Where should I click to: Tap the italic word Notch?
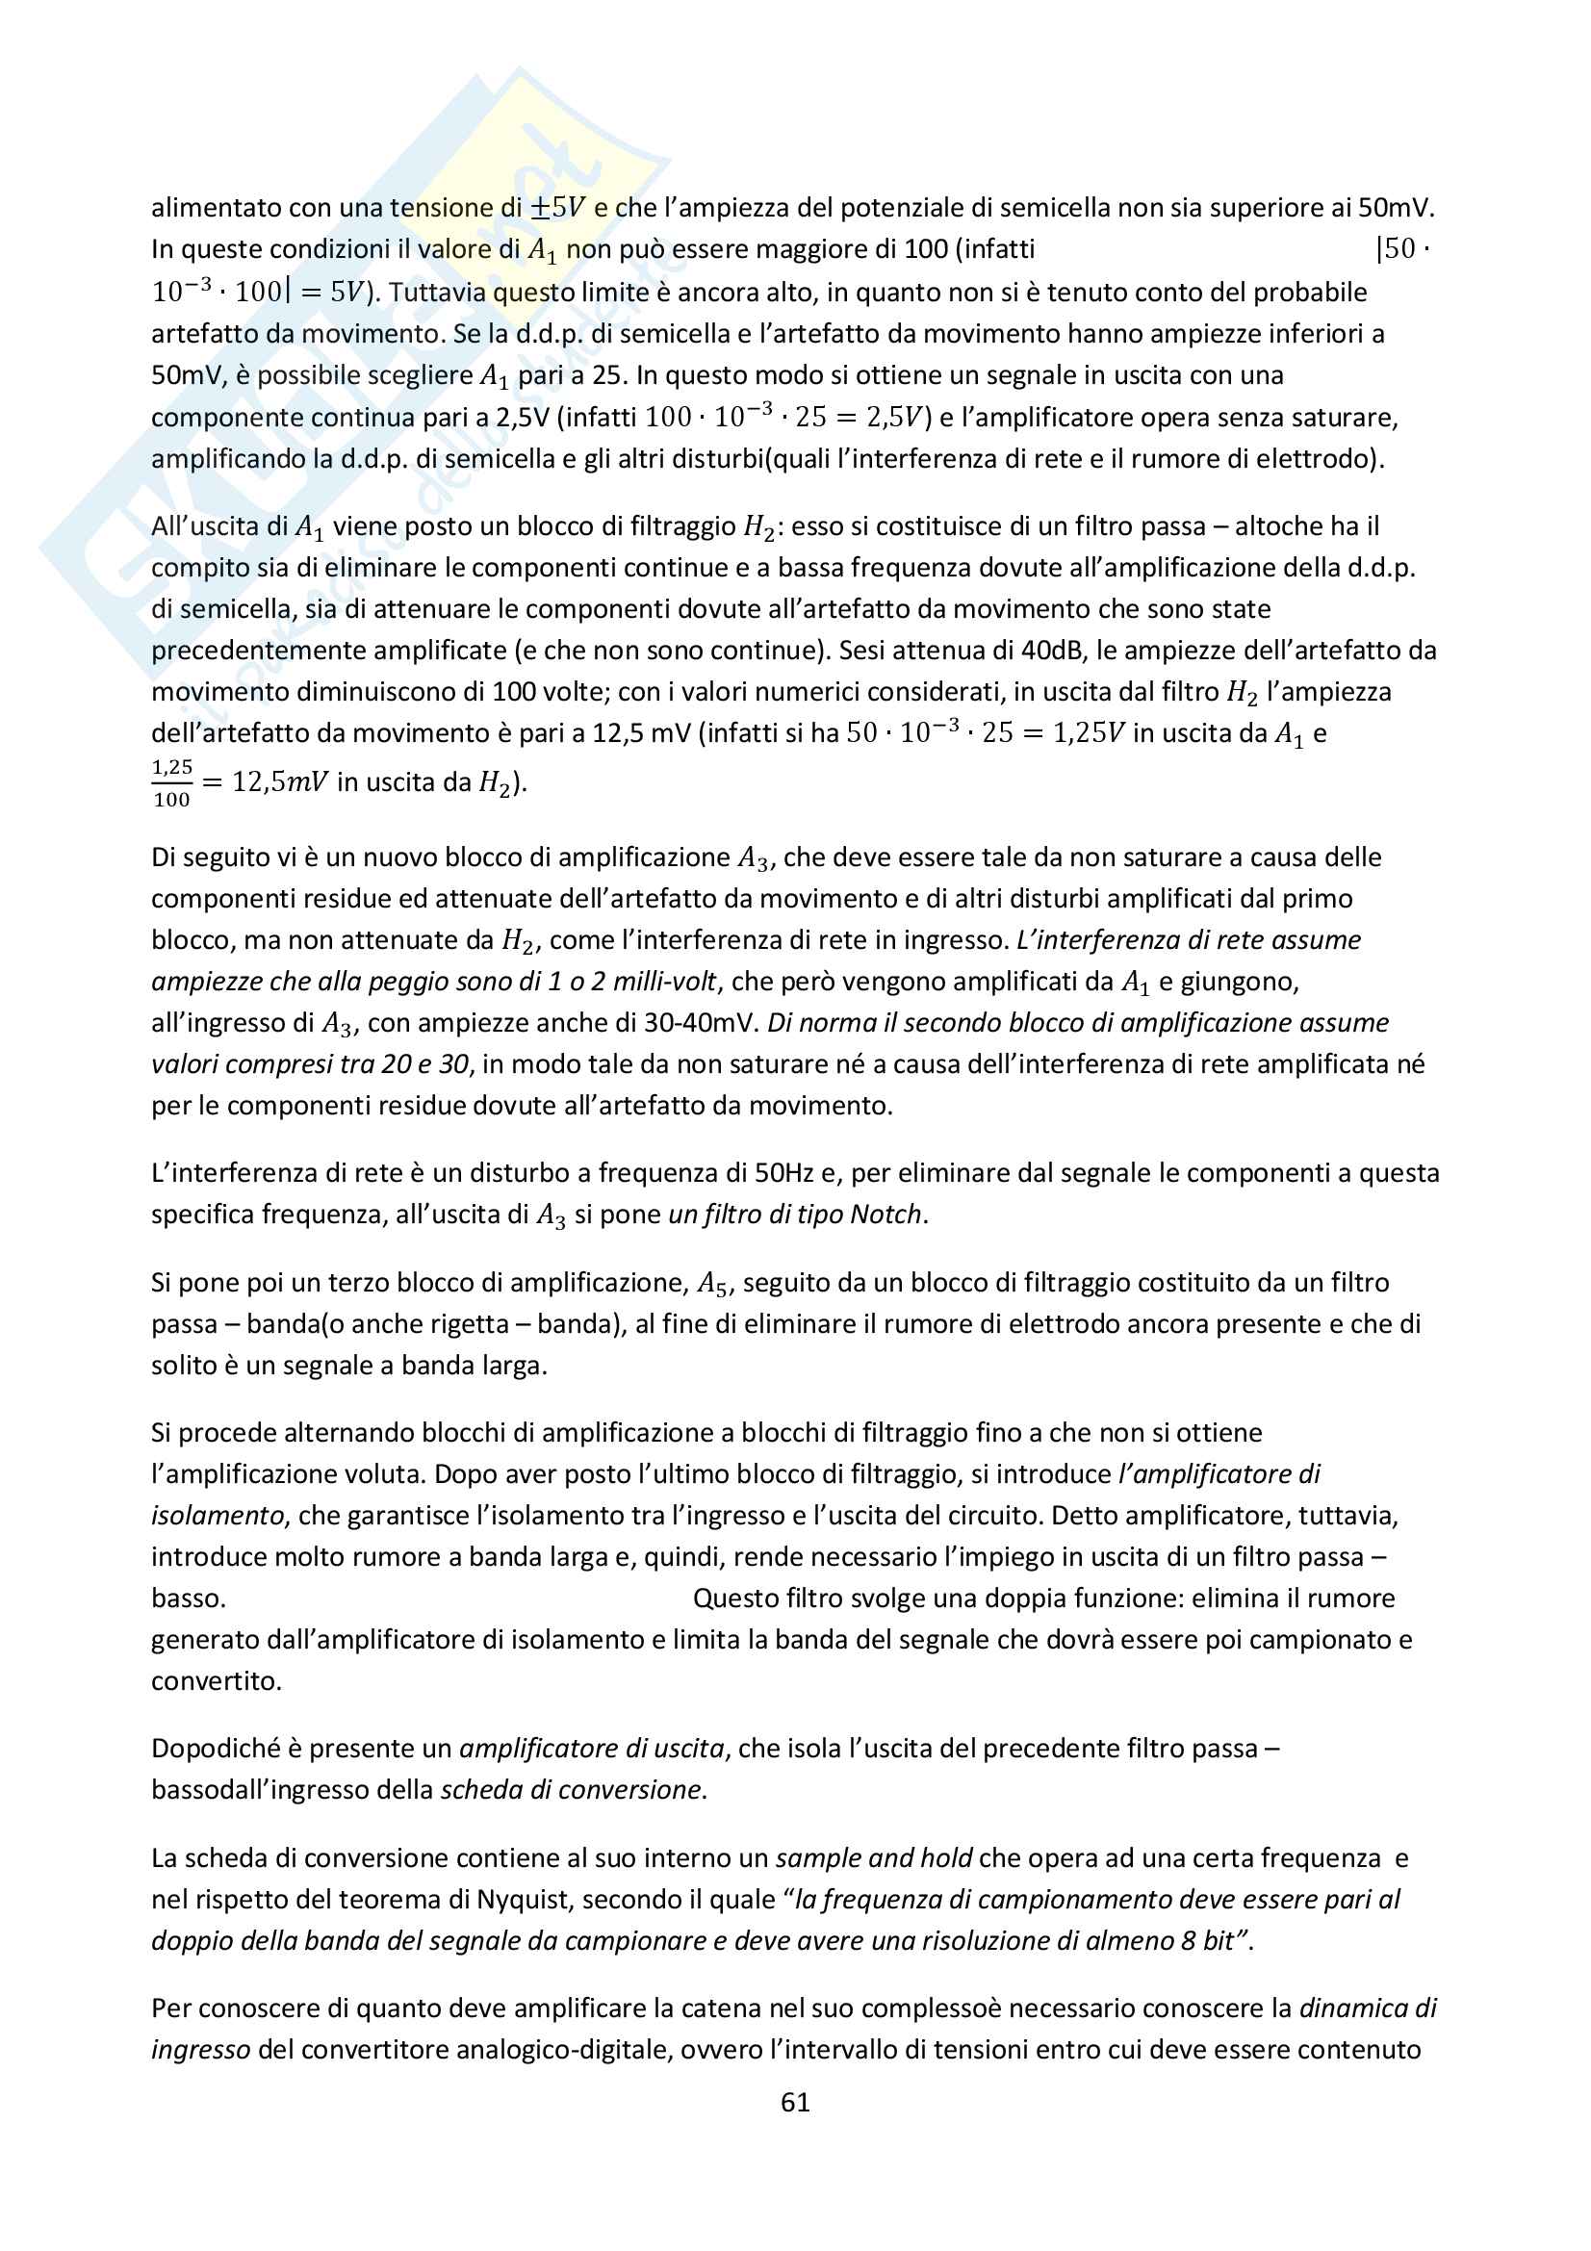point(886,1214)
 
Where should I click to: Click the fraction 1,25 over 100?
point(171,782)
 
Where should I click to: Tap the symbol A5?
point(711,1284)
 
